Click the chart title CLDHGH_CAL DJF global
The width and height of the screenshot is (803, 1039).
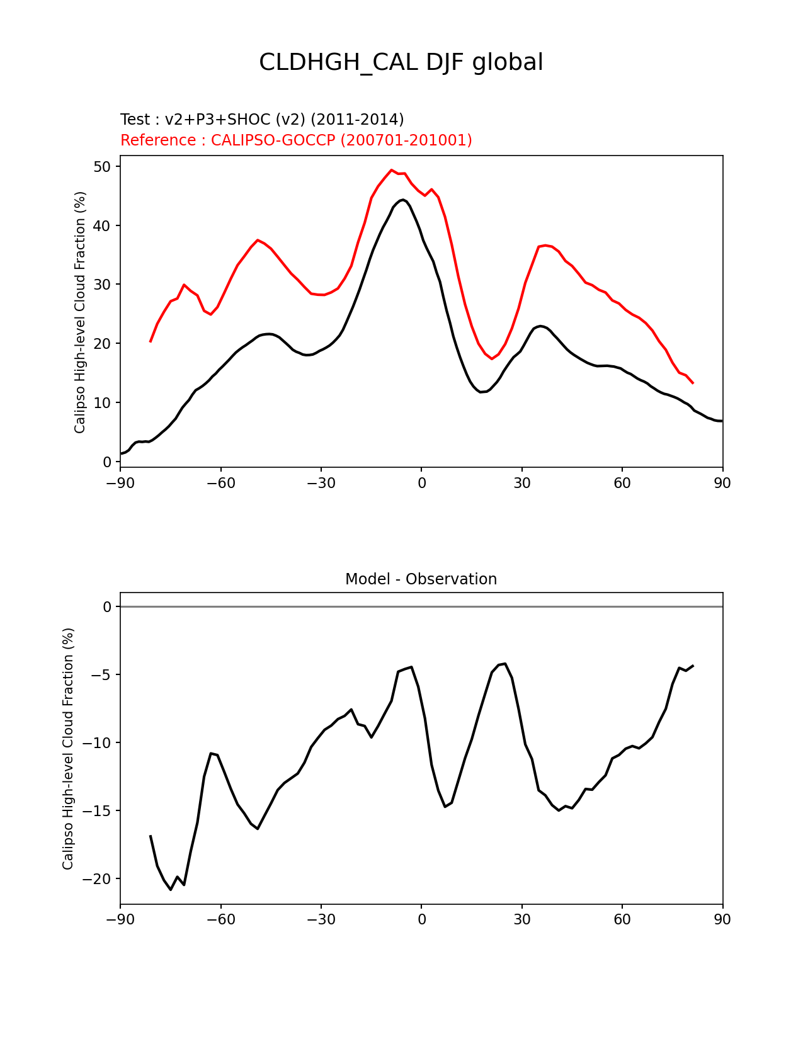401,63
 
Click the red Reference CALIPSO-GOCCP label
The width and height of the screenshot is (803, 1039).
296,140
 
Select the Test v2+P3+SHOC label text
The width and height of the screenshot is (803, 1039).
262,120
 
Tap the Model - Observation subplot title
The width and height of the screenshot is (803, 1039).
421,579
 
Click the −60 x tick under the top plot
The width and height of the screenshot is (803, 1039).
220,483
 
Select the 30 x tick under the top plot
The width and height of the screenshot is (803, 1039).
521,483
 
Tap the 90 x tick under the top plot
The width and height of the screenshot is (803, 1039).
722,483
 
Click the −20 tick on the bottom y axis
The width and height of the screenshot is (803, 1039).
96,879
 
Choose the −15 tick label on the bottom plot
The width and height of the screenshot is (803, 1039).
96,811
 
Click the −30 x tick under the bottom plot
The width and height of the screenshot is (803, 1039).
321,920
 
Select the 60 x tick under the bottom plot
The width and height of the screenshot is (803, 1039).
622,920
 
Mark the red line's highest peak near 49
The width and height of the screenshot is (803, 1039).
391,170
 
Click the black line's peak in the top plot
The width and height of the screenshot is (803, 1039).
402,200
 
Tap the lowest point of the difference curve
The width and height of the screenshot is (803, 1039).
171,889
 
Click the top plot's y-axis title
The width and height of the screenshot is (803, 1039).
80,312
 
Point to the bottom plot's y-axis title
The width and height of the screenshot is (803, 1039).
68,749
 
